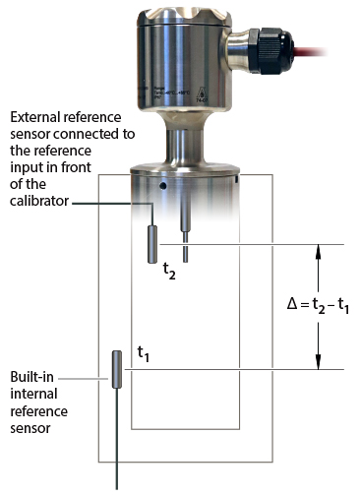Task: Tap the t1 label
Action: [x=146, y=351]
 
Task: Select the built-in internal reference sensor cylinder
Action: [x=116, y=369]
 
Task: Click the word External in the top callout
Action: [x=29, y=115]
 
